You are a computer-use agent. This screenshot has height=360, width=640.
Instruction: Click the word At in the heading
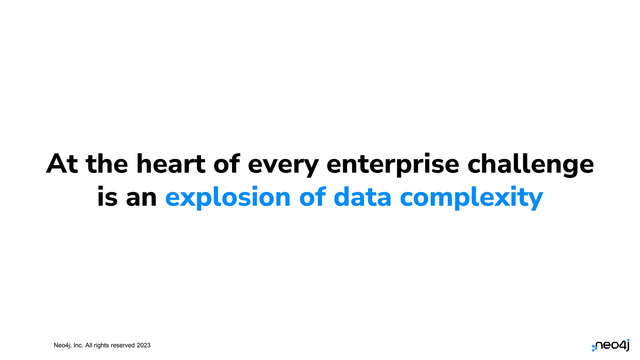coord(62,164)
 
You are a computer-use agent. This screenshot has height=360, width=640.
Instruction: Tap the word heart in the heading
coord(171,164)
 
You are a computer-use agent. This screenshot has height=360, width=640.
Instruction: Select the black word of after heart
coord(226,164)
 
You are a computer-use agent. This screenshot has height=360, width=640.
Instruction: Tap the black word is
coord(107,197)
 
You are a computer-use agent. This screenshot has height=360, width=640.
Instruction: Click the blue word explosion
coord(228,198)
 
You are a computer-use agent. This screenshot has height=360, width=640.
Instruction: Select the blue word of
coord(312,197)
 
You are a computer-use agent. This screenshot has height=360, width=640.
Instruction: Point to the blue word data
coord(362,197)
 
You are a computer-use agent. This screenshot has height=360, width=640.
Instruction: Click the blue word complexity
coord(471,198)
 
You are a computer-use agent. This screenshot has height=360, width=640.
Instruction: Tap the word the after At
coord(107,164)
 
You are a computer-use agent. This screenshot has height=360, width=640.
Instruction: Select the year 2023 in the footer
coord(143,345)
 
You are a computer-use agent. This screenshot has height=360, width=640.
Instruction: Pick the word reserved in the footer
coord(122,345)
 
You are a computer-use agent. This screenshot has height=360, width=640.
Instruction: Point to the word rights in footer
coord(101,345)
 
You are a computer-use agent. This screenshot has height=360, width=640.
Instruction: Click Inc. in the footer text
coord(78,345)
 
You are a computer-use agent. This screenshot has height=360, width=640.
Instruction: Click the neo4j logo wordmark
coord(613,346)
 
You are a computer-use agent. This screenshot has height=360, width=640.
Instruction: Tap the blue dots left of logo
coord(594,348)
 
